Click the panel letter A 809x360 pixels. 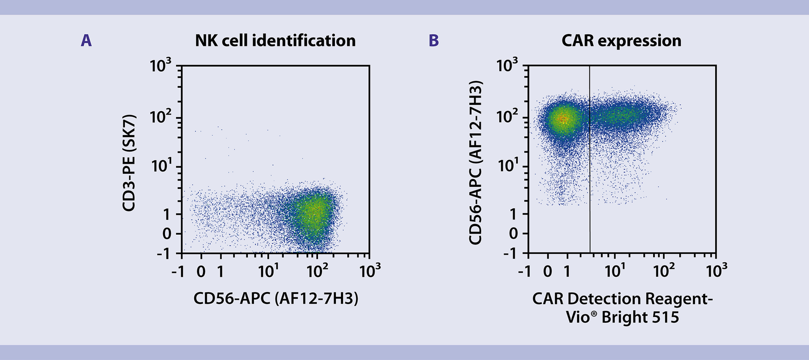click(x=86, y=41)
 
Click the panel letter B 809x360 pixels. click(x=434, y=41)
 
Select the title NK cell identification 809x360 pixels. click(x=275, y=41)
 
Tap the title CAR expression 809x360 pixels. click(x=621, y=41)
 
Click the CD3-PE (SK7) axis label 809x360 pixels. click(x=129, y=163)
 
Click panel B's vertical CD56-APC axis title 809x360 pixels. click(x=476, y=163)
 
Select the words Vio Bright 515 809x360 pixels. click(x=622, y=317)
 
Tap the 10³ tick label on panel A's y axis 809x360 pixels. click(x=161, y=66)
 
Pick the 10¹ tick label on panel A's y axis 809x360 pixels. click(x=161, y=166)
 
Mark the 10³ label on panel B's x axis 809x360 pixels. click(x=716, y=271)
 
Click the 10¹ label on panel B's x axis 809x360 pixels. click(x=615, y=271)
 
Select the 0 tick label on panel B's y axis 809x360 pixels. click(x=513, y=234)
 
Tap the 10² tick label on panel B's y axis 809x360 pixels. click(x=507, y=116)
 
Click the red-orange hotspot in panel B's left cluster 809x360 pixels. click(x=562, y=119)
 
